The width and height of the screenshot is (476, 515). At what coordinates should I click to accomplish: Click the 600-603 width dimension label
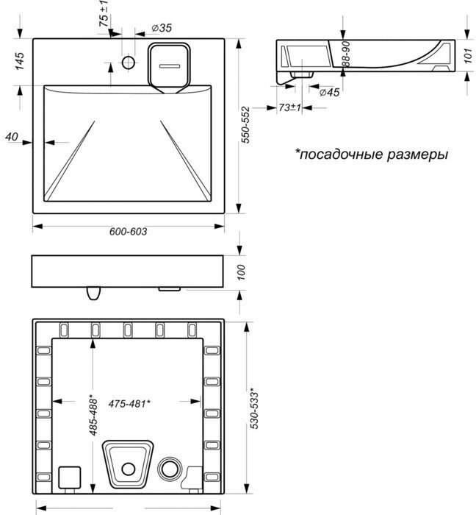tap(129, 231)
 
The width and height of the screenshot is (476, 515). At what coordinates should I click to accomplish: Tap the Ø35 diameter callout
tap(161, 28)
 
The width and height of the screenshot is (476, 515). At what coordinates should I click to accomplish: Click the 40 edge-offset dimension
tap(10, 136)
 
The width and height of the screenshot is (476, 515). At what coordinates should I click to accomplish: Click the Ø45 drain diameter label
tap(330, 92)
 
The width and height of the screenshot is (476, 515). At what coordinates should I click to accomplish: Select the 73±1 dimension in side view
tap(290, 107)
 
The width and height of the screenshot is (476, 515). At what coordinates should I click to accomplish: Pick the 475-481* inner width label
tap(129, 403)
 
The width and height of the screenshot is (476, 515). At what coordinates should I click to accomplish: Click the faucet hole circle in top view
tap(128, 62)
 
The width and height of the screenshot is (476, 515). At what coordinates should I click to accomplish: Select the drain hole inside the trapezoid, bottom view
tap(130, 467)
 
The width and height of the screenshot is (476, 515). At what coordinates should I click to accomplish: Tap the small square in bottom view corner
tap(68, 477)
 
